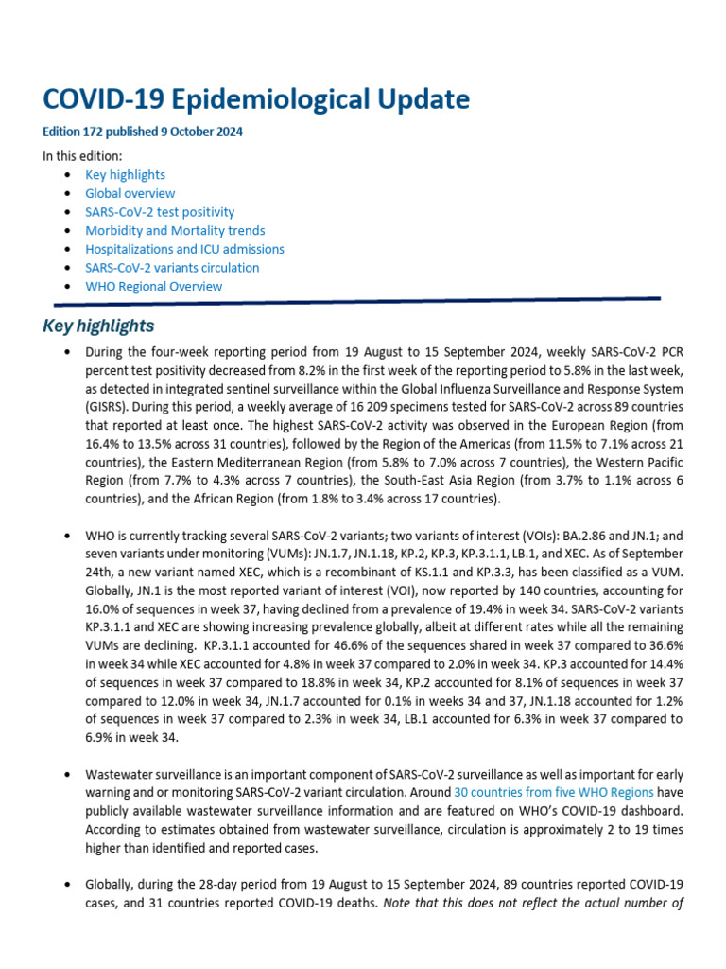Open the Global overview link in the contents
pyautogui.click(x=130, y=193)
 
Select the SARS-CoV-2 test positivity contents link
pyautogui.click(x=160, y=212)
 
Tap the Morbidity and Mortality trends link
pyautogui.click(x=175, y=230)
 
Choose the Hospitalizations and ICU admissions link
pyautogui.click(x=184, y=249)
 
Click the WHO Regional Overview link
pyautogui.click(x=153, y=286)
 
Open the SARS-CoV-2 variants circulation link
pyautogui.click(x=172, y=267)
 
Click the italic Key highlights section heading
pyautogui.click(x=98, y=326)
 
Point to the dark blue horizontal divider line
pyautogui.click(x=357, y=301)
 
